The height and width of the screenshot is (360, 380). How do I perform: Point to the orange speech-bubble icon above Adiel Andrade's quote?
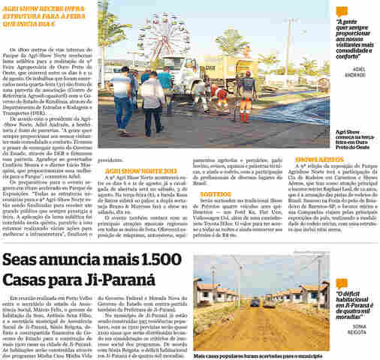point(342,11)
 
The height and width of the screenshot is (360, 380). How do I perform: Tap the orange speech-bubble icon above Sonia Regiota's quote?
point(341,243)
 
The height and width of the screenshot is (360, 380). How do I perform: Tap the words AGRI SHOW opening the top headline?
point(21,6)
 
